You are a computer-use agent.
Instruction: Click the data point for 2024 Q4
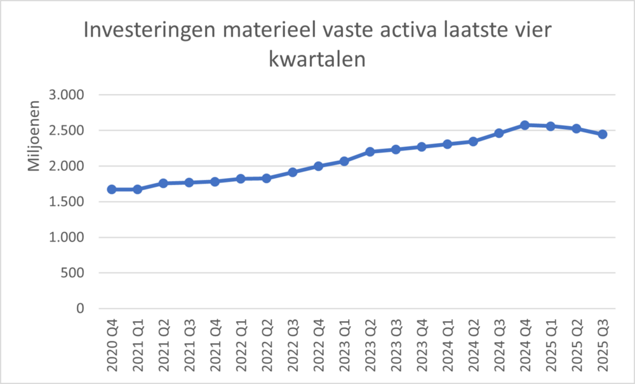[x=525, y=125]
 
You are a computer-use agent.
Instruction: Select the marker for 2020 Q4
[x=112, y=189]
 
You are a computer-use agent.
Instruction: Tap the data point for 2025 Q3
[x=603, y=134]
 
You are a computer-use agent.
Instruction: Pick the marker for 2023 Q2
[x=370, y=151]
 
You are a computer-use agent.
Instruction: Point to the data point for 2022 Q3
[x=293, y=172]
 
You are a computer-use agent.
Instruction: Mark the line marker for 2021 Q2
[x=163, y=183]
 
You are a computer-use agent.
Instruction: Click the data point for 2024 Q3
[x=499, y=133]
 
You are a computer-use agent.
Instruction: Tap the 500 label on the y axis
[x=74, y=273]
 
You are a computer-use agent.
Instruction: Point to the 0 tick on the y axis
[x=80, y=308]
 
